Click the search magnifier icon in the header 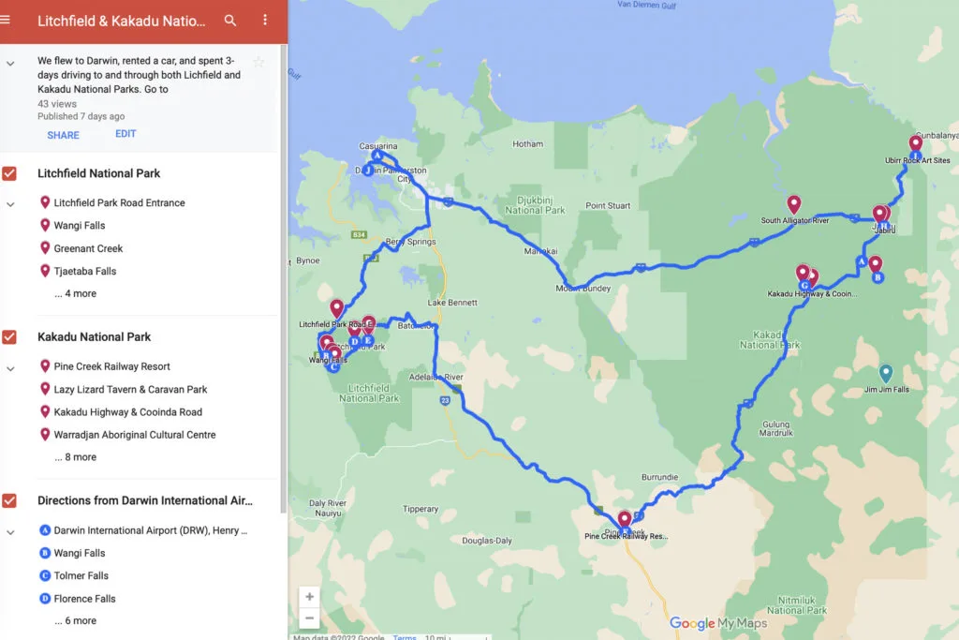230,21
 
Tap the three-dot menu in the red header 265,21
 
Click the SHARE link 63,135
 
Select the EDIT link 125,134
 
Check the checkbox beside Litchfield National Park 9,173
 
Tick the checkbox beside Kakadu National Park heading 9,337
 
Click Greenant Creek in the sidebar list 88,248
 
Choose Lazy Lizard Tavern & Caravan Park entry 130,389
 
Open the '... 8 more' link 75,457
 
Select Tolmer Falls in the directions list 81,575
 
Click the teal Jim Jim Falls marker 886,372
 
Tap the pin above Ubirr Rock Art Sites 916,144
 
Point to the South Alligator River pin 794,203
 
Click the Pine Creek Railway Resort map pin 625,519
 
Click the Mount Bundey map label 583,289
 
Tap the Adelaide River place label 436,377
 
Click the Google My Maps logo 718,623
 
